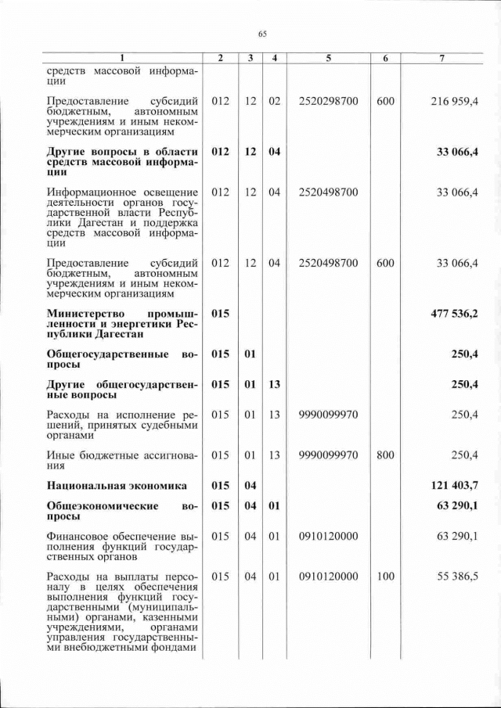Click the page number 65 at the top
[x=262, y=34]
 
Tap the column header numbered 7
[x=442, y=59]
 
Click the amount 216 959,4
[x=454, y=102]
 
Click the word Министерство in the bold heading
[x=86, y=314]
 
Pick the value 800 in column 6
[x=385, y=455]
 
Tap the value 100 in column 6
[x=385, y=577]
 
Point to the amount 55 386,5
[x=454, y=577]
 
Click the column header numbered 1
[x=122, y=59]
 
